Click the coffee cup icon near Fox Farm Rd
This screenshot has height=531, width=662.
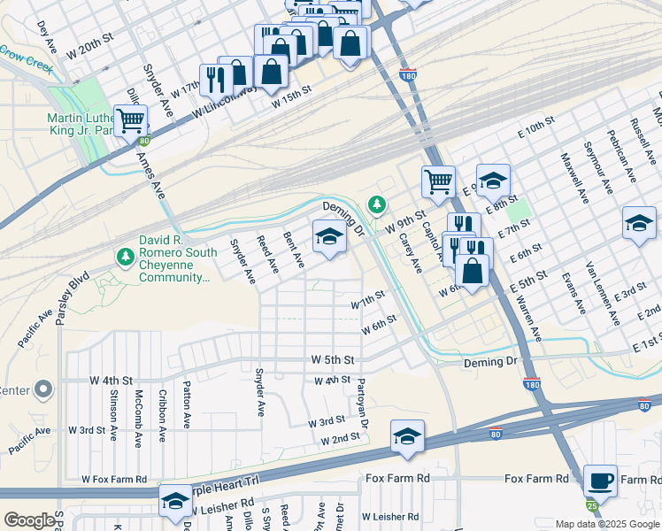[x=600, y=481]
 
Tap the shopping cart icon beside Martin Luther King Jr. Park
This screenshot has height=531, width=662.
[x=131, y=119]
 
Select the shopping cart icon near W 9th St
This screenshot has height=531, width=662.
[x=438, y=182]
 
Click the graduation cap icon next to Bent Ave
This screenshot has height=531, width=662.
[x=329, y=235]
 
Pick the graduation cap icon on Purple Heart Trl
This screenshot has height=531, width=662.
[x=175, y=501]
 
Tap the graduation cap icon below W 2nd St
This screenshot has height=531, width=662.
[x=407, y=436]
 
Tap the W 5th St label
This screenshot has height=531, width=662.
[x=333, y=360]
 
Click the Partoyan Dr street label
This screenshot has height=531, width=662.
[x=362, y=399]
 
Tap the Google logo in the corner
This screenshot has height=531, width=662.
[x=30, y=519]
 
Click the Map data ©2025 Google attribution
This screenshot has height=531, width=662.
[x=606, y=524]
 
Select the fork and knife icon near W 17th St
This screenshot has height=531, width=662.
[x=215, y=81]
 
